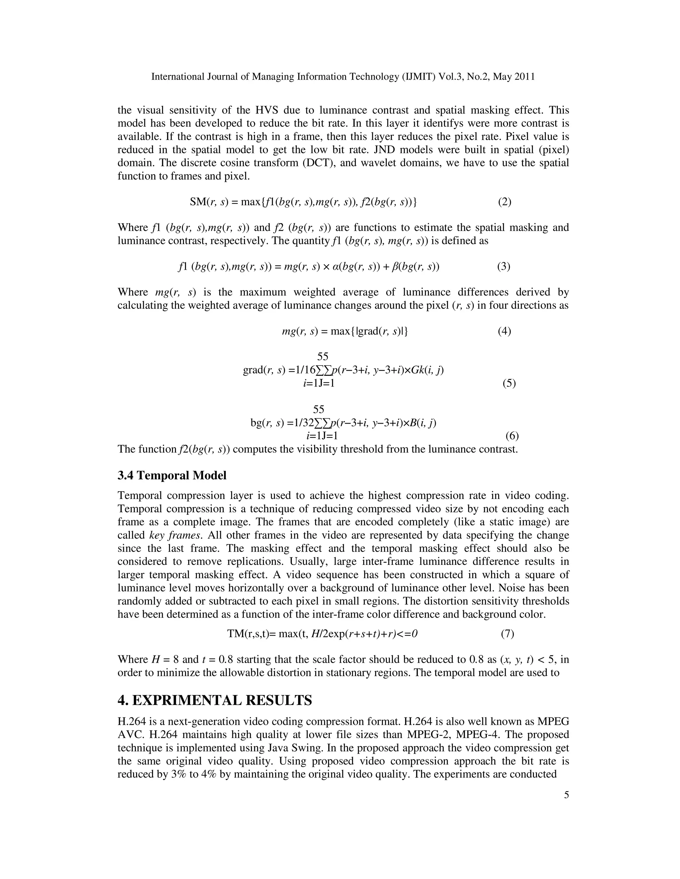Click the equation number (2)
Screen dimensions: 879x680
tap(504, 202)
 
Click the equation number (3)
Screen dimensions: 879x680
tap(504, 266)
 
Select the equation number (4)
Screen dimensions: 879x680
tap(504, 331)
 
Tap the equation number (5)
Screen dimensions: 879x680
tap(509, 383)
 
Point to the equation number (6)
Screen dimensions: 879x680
tap(512, 436)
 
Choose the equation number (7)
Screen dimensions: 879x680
tap(507, 634)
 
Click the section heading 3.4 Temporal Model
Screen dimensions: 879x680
tap(172, 475)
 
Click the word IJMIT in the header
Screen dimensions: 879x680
tap(419, 77)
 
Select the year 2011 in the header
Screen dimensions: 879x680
tap(524, 77)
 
